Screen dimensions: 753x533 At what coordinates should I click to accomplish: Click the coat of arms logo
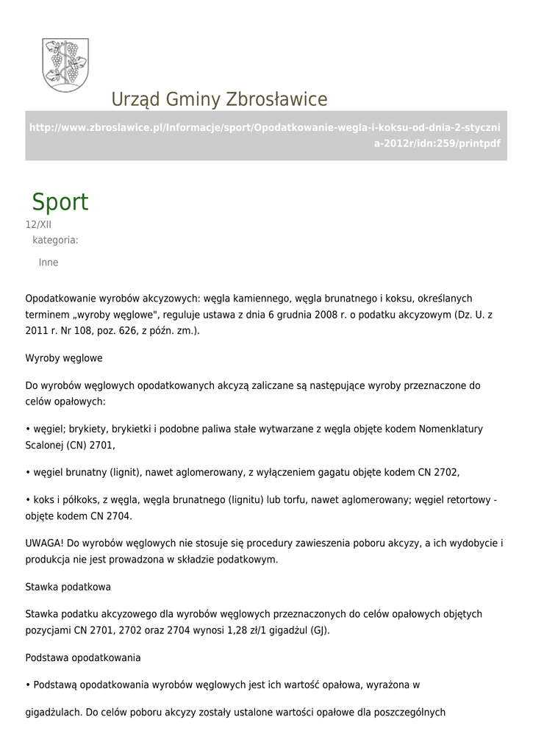pyautogui.click(x=65, y=65)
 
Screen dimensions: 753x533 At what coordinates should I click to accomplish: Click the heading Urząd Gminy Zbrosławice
pyautogui.click(x=219, y=99)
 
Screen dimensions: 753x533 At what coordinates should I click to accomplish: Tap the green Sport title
pyautogui.click(x=60, y=202)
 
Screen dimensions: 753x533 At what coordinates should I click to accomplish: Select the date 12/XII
pyautogui.click(x=38, y=225)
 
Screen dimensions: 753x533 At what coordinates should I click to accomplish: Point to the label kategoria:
pyautogui.click(x=55, y=240)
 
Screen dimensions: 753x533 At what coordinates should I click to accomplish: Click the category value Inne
pyautogui.click(x=49, y=263)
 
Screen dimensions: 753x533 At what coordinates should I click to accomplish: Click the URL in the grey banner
pyautogui.click(x=265, y=135)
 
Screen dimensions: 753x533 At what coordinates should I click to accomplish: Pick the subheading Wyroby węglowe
pyautogui.click(x=64, y=358)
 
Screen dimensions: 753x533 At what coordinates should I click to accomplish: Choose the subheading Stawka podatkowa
pyautogui.click(x=68, y=587)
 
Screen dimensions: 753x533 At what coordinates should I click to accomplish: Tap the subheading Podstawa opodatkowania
pyautogui.click(x=83, y=657)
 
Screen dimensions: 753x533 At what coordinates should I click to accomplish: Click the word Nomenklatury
pyautogui.click(x=451, y=429)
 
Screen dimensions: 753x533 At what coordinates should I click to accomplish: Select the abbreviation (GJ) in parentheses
pyautogui.click(x=319, y=630)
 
